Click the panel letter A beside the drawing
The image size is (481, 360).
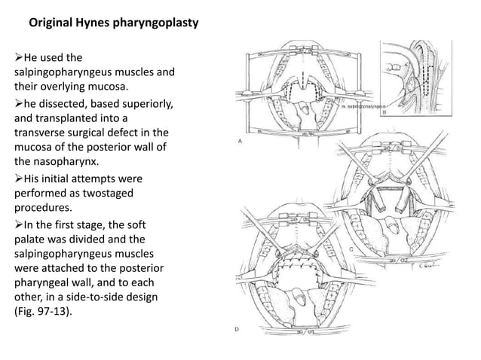point(239,141)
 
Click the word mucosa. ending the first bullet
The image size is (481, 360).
point(102,87)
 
